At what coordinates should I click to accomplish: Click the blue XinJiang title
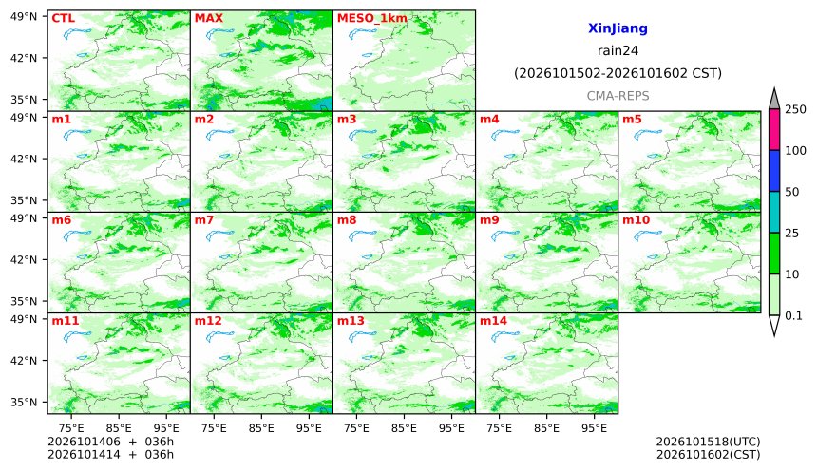click(617, 28)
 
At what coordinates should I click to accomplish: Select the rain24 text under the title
click(617, 51)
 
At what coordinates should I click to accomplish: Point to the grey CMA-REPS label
click(617, 96)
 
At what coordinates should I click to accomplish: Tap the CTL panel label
click(63, 18)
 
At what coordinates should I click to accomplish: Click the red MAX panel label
click(208, 18)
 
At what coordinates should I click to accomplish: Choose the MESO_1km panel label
click(372, 19)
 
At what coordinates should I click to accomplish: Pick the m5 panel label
click(632, 120)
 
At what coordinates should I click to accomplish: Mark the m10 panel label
click(636, 220)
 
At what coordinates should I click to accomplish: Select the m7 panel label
click(203, 220)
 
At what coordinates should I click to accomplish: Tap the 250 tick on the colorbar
click(795, 109)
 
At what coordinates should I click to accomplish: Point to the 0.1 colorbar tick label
click(793, 315)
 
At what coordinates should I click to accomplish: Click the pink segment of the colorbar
click(774, 130)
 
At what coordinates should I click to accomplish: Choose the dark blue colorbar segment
click(774, 171)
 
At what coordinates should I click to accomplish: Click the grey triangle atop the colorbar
click(774, 100)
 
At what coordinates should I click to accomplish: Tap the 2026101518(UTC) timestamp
click(708, 442)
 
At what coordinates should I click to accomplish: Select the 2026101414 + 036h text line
click(110, 454)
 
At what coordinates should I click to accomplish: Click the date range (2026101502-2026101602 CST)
click(617, 73)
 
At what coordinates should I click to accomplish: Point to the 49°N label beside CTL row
click(24, 17)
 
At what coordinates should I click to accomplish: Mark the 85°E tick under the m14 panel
click(546, 428)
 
